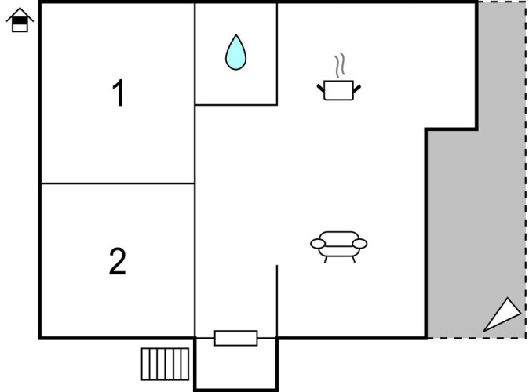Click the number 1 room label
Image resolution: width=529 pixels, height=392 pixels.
(x=119, y=93)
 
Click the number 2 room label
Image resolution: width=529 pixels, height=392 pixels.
(x=118, y=261)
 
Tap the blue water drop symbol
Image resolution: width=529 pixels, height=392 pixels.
(x=235, y=53)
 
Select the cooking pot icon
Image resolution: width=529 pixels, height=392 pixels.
(x=339, y=90)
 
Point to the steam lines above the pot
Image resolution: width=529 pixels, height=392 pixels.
(x=340, y=65)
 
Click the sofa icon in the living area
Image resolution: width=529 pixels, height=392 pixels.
(x=339, y=247)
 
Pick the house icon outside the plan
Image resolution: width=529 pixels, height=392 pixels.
(x=20, y=20)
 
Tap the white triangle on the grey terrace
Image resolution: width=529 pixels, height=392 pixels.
(x=502, y=315)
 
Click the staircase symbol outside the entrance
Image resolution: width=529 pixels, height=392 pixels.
(x=165, y=364)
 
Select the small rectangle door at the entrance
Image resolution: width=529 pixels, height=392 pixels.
(x=235, y=338)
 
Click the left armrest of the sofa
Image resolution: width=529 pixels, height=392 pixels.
(x=318, y=244)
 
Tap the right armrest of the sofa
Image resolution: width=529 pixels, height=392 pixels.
(x=359, y=244)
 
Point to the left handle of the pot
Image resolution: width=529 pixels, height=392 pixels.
(x=320, y=89)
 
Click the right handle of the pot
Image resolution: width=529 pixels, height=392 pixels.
(x=357, y=89)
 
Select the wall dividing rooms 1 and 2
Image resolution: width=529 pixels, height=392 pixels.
(x=118, y=183)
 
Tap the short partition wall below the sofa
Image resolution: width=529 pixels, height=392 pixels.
(x=277, y=301)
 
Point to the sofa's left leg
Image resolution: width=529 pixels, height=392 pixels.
(x=326, y=260)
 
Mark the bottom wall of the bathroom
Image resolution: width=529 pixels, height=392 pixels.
(x=236, y=105)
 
